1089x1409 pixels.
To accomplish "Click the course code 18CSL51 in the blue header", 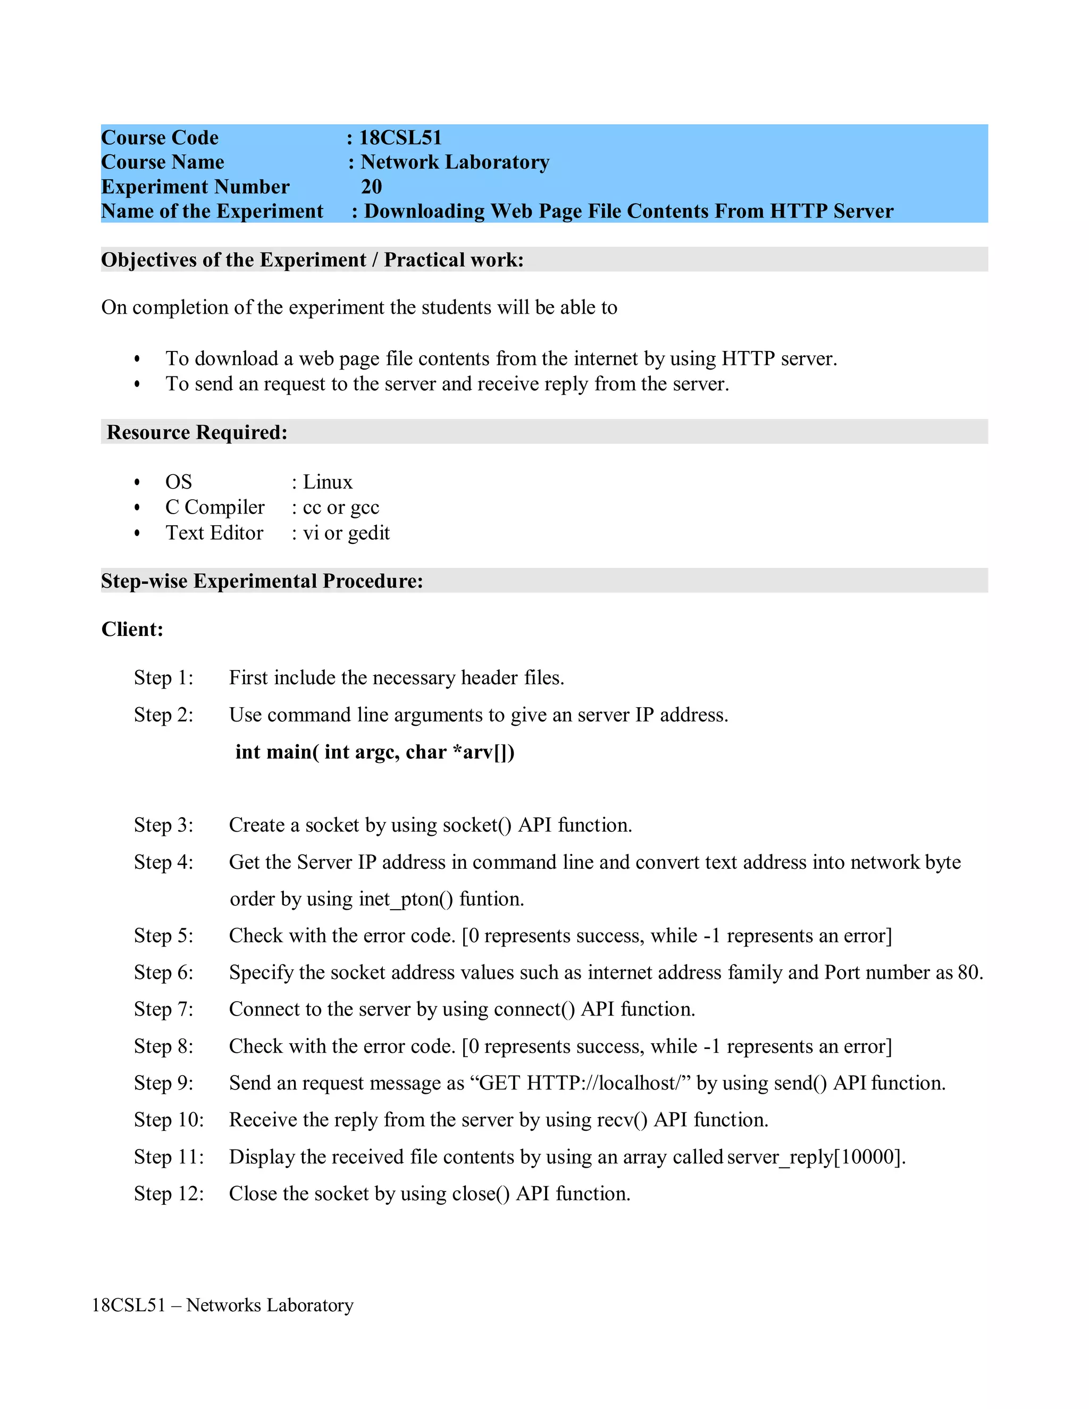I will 400,137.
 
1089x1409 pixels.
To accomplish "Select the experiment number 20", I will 371,187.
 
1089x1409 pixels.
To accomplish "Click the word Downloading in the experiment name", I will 424,211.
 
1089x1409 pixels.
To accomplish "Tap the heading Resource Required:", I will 197,432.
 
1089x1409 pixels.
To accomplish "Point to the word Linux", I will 328,482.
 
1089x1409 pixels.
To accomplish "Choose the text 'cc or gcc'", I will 341,508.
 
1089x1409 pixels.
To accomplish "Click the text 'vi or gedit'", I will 347,533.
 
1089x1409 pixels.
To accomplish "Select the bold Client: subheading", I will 132,629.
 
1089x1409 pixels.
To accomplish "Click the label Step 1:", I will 163,677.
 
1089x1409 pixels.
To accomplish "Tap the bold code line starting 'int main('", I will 374,752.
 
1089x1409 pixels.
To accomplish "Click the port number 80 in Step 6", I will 968,972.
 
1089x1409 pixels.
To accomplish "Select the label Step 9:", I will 163,1083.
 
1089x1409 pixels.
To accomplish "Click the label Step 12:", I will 169,1194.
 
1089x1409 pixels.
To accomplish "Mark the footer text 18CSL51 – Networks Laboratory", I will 223,1305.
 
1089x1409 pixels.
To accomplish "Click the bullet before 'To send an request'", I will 137,384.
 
